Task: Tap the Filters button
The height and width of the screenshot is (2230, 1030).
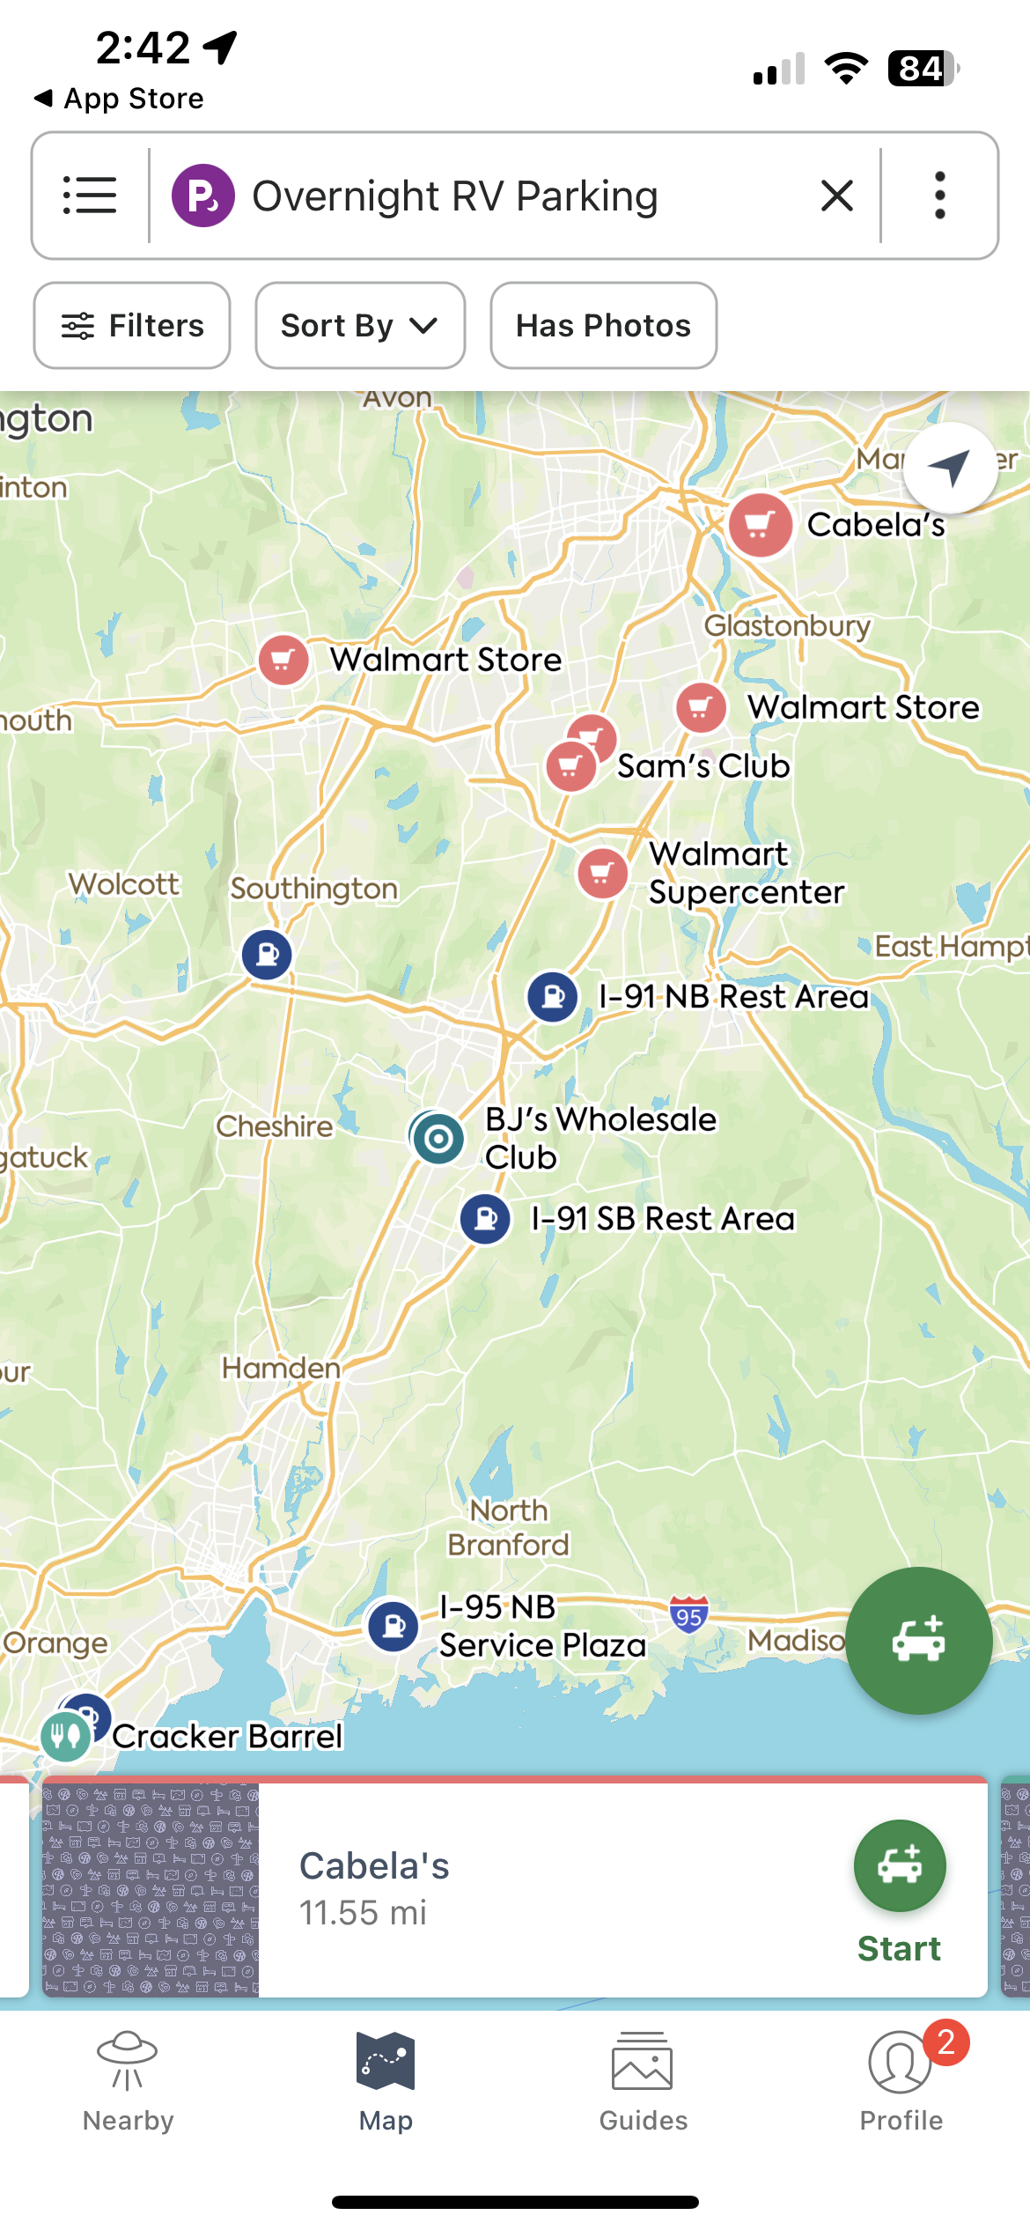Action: point(132,326)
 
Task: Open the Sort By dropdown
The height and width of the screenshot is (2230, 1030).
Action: point(359,326)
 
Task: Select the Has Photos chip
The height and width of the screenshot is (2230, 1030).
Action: point(603,326)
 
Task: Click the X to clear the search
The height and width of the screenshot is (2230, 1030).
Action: point(836,196)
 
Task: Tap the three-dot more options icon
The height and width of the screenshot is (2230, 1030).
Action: point(939,196)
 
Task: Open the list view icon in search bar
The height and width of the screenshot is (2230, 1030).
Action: point(90,196)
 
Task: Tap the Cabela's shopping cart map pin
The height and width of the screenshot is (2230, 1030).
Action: point(761,525)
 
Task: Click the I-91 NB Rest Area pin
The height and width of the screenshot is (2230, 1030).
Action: point(553,997)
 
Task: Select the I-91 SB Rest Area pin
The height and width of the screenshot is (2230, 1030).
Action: point(485,1219)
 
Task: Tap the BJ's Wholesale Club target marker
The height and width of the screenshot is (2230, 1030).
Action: point(438,1138)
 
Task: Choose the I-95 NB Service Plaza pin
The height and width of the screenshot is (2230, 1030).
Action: point(393,1626)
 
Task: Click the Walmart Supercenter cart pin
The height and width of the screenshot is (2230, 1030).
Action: point(602,873)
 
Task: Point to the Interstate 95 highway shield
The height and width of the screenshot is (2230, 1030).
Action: point(688,1615)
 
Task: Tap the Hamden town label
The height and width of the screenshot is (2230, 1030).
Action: point(281,1368)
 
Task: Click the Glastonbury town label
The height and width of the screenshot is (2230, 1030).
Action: point(787,626)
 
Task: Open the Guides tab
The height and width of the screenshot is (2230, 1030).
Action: point(643,2083)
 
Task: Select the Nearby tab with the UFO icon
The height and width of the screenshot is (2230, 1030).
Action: point(129,2083)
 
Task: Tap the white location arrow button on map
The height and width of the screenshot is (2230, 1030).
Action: point(950,468)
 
